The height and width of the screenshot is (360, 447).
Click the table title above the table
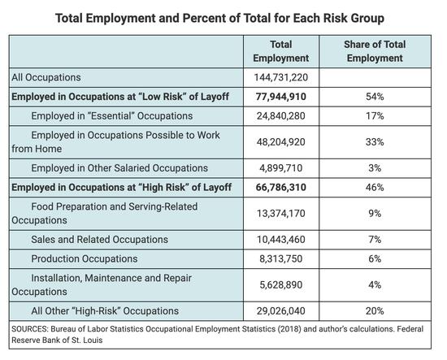tap(219, 18)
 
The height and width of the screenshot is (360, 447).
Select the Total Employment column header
tap(281, 51)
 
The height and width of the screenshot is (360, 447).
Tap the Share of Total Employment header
tap(375, 51)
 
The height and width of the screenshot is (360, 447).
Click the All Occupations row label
tap(46, 77)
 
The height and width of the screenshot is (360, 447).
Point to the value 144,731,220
tap(281, 77)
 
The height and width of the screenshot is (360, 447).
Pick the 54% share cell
tap(375, 97)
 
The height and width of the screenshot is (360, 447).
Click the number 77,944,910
tap(281, 97)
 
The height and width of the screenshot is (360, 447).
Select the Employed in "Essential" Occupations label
tap(112, 116)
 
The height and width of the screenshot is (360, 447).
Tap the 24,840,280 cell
tap(281, 116)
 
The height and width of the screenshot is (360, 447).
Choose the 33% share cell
tap(375, 142)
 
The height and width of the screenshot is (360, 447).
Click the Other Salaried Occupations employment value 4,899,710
tap(281, 168)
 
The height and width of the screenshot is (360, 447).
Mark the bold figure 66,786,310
tap(281, 187)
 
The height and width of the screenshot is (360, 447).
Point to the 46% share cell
tap(375, 187)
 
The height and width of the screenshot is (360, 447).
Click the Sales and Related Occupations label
tap(99, 240)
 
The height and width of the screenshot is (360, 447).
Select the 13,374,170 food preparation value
tap(281, 214)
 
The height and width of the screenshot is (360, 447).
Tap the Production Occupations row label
tap(85, 258)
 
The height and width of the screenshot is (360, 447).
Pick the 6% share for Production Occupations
tap(375, 258)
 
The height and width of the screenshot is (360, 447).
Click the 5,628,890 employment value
tap(281, 284)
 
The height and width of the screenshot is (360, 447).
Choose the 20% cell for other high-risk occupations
tap(375, 311)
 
